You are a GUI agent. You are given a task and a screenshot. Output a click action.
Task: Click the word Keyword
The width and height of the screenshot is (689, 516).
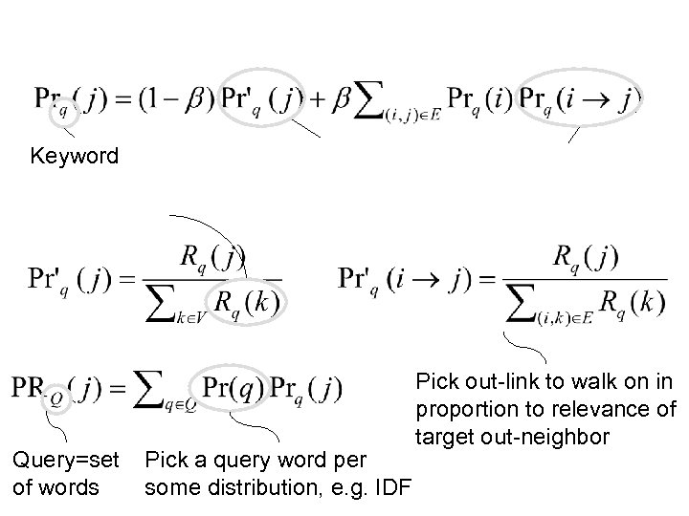pyautogui.click(x=75, y=155)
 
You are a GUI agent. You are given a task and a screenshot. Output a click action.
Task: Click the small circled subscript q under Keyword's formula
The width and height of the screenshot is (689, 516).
pyautogui.click(x=65, y=111)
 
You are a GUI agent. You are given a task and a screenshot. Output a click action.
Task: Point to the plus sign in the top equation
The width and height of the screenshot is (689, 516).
pyautogui.click(x=317, y=98)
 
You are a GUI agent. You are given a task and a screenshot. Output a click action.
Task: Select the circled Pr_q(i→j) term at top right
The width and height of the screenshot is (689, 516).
pyautogui.click(x=580, y=98)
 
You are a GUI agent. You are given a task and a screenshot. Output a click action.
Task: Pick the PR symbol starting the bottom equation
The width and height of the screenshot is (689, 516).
pyautogui.click(x=29, y=388)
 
